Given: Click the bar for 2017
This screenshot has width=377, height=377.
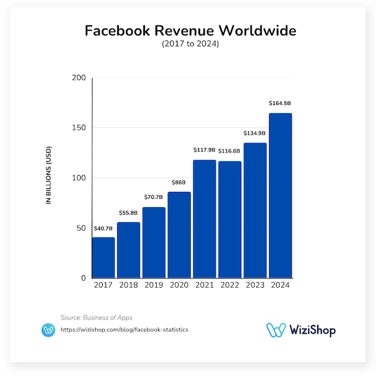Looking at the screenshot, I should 103,258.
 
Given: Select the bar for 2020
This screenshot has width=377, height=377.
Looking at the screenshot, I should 179,235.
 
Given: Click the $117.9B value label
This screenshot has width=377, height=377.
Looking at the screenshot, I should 204,150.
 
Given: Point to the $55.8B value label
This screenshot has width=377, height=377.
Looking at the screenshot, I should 129,213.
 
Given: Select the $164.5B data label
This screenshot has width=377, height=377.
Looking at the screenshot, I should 280,103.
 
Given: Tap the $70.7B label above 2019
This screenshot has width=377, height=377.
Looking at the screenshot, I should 154,197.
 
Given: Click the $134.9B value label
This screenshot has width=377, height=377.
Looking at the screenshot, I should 255,133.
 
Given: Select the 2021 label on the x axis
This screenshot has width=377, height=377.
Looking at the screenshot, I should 204,285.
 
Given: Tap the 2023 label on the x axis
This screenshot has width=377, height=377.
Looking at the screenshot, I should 255,285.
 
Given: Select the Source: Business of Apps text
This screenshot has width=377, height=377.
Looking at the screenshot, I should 96,317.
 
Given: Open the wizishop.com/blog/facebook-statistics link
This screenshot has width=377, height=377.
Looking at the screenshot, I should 124,329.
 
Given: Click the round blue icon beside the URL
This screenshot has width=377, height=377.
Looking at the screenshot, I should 48,329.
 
